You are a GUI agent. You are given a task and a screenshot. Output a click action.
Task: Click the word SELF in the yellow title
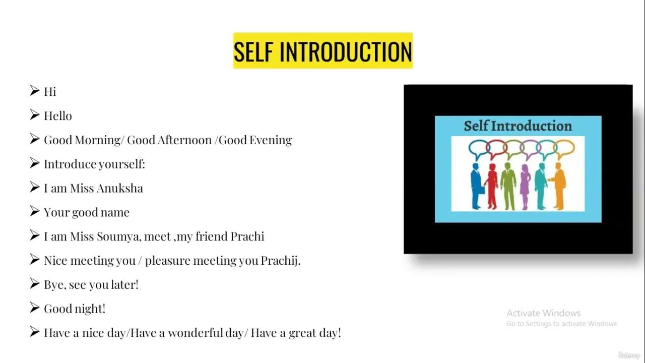coord(254,51)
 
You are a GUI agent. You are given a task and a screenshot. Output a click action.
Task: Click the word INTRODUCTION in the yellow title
coord(346,51)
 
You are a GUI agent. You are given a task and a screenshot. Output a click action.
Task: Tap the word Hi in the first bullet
coord(50,92)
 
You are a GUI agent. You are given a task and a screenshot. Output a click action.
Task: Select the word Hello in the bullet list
coord(58,116)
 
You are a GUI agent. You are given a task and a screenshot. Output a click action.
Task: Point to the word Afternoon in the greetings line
coord(184,140)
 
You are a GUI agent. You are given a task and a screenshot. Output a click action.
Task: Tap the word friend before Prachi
coord(211,236)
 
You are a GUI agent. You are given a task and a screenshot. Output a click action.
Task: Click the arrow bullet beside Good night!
coord(34,308)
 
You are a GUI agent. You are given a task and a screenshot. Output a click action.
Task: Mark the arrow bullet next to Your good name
coord(34,211)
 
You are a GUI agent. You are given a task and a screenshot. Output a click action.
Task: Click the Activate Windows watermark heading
coord(543,313)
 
